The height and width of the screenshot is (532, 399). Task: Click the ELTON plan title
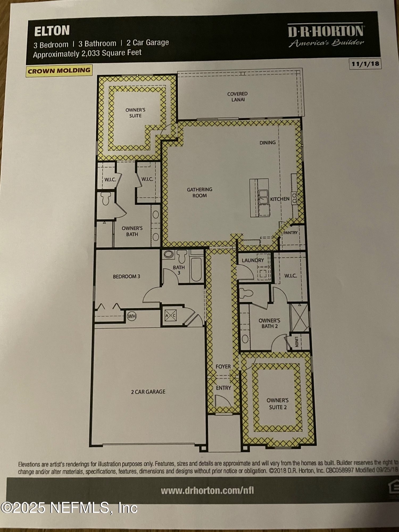coord(52,31)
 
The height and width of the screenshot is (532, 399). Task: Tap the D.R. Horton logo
coord(326,35)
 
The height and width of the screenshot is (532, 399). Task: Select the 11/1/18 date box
coord(365,64)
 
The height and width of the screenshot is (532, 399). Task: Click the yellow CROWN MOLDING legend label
coord(59,71)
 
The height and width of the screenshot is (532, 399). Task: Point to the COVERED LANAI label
coord(238,97)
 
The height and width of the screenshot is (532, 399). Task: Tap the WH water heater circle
coord(132,316)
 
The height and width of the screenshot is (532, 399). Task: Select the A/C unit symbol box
coord(171,316)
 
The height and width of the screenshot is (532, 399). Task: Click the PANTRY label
coord(290,233)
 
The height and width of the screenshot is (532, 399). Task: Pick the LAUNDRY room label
coord(253,260)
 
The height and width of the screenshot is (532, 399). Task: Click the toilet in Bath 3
coord(182,256)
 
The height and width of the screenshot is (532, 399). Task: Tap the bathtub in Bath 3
coord(196,269)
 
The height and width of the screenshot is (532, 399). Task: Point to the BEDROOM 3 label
coord(126,277)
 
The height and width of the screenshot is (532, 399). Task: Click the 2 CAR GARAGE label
coord(148,392)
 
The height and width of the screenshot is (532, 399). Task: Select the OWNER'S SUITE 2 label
coord(277,404)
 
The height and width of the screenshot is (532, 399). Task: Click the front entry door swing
coord(221,401)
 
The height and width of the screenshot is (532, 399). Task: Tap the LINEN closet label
coord(296,342)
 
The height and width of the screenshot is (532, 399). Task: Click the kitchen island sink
coord(263,196)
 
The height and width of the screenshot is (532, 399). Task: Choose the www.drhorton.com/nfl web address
coord(207,491)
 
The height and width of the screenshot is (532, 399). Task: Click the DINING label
coord(267,143)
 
